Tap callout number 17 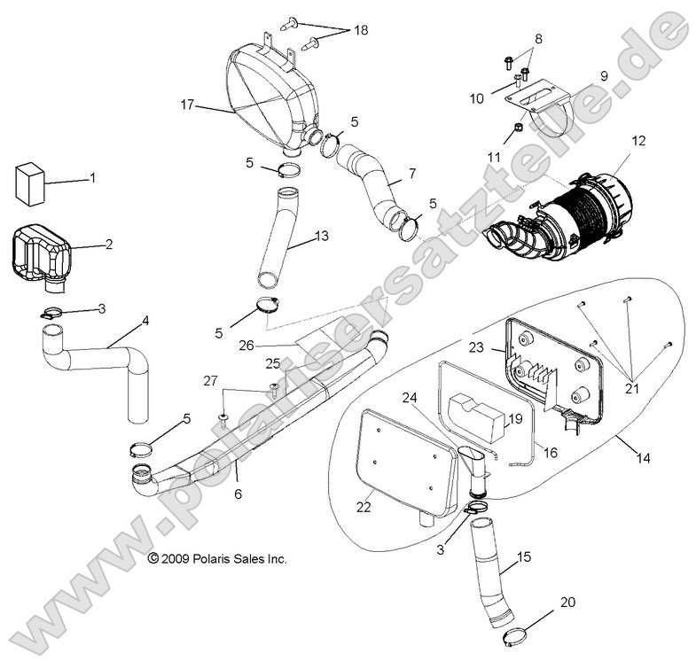coord(187,105)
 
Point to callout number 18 coord(361,30)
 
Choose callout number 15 coord(524,556)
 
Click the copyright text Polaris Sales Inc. coord(217,559)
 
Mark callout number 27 coord(210,381)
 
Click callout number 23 coord(475,348)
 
